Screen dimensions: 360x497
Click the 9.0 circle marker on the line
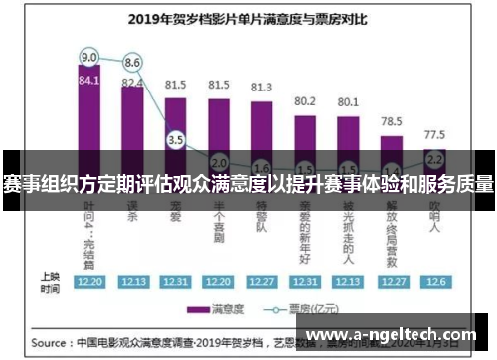point(89,56)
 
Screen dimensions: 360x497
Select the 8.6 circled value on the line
point(132,62)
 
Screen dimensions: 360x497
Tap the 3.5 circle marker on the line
point(176,140)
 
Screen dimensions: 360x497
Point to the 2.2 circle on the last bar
point(434,158)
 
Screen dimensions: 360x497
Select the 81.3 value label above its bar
point(261,87)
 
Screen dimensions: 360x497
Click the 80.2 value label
point(305,100)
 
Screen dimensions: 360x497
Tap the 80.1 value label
point(348,101)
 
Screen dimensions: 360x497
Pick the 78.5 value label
point(391,120)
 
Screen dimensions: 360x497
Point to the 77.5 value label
point(434,133)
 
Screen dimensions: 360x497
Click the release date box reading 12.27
point(261,281)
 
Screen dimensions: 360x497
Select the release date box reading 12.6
point(434,281)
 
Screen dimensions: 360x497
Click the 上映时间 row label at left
point(49,281)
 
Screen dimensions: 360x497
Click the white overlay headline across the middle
point(248,185)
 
